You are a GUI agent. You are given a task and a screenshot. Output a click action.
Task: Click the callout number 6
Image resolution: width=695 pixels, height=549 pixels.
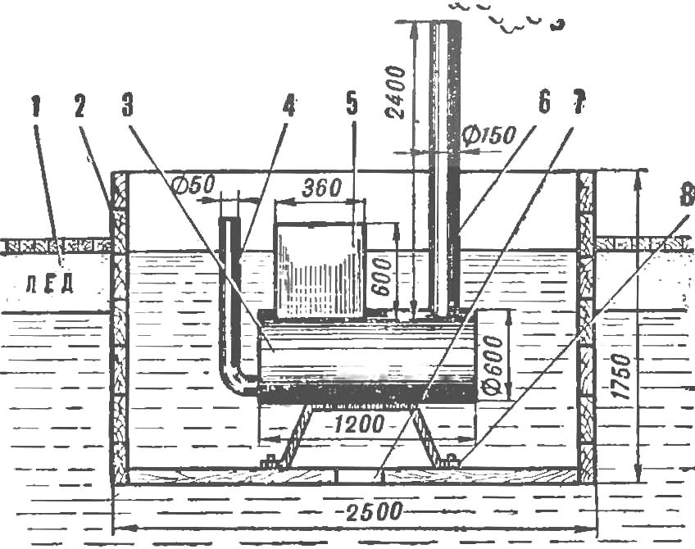click(x=543, y=102)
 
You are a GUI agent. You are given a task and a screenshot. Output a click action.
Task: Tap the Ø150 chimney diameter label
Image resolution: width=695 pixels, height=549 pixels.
click(x=488, y=135)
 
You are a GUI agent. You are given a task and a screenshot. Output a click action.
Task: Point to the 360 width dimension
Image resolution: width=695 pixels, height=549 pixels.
click(x=322, y=188)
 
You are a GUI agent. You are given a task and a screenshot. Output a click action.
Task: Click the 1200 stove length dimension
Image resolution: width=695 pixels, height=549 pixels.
click(x=358, y=424)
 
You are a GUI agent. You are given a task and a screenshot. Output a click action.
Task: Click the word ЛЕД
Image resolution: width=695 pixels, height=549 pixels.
click(x=49, y=284)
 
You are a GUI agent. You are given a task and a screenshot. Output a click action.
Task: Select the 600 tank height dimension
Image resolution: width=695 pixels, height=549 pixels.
click(x=382, y=278)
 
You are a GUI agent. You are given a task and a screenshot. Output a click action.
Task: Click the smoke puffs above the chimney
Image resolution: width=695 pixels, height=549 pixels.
click(x=509, y=17)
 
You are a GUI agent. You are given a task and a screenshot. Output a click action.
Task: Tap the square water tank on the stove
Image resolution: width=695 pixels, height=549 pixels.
click(x=320, y=270)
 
